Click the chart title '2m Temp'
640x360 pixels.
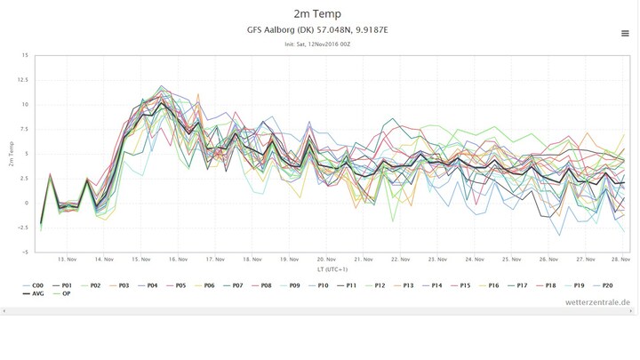pos(319,13)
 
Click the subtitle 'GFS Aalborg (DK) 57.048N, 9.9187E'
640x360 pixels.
pos(319,30)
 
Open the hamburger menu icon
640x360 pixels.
pos(625,34)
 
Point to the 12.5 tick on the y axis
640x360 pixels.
pos(22,80)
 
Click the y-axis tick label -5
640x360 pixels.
pos(25,252)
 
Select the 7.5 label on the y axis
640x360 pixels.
pos(24,129)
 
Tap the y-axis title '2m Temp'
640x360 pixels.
pos(11,154)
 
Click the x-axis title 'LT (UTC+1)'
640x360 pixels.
pos(331,269)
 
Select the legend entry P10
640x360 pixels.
pos(321,285)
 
